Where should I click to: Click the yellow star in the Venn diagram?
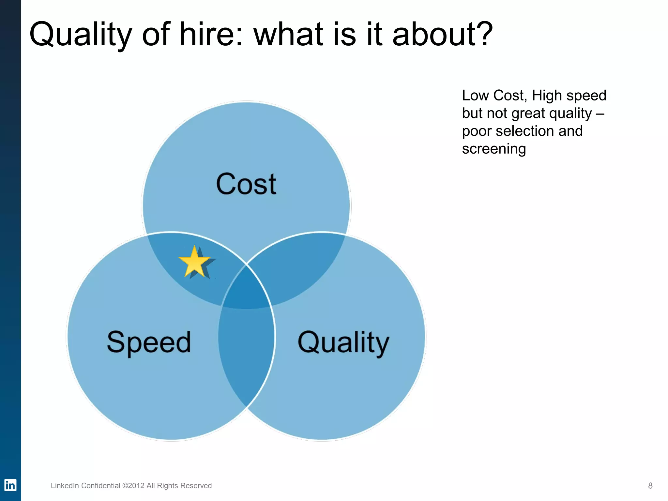(195, 262)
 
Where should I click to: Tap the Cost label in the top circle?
(246, 184)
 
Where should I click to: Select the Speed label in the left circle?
(149, 342)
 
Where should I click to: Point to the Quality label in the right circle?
(343, 343)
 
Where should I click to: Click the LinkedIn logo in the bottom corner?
(10, 485)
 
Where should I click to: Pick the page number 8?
(650, 486)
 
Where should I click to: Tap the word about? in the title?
(442, 34)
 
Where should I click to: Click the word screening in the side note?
(494, 149)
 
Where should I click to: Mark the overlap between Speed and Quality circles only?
(246, 352)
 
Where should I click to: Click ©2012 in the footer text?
(133, 486)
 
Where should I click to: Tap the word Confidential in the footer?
(101, 486)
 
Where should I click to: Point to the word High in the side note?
(547, 96)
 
